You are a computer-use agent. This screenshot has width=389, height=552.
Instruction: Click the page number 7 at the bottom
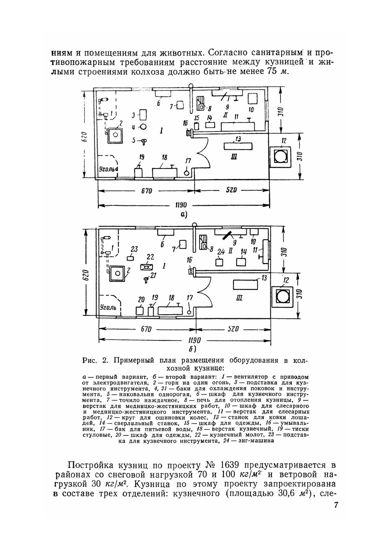tap(336, 505)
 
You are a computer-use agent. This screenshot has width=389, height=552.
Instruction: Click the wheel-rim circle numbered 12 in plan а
tap(280, 156)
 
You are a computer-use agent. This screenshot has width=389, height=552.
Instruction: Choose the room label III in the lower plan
tap(239, 298)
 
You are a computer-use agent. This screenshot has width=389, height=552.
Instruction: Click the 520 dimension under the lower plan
tap(232, 329)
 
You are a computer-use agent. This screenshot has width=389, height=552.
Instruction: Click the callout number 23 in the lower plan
tap(134, 249)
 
